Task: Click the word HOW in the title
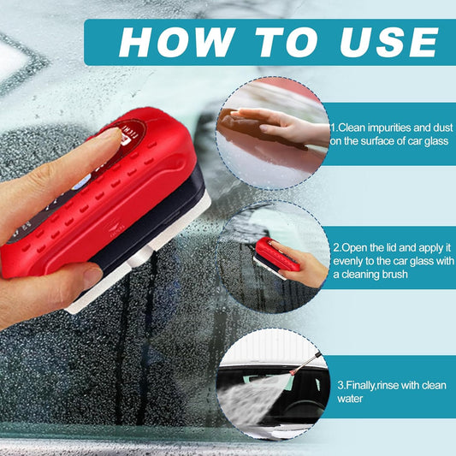[177, 42]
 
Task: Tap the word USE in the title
[389, 42]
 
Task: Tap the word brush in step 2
[395, 275]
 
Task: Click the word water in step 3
[350, 399]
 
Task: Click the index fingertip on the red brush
[112, 135]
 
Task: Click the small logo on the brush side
[116, 228]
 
